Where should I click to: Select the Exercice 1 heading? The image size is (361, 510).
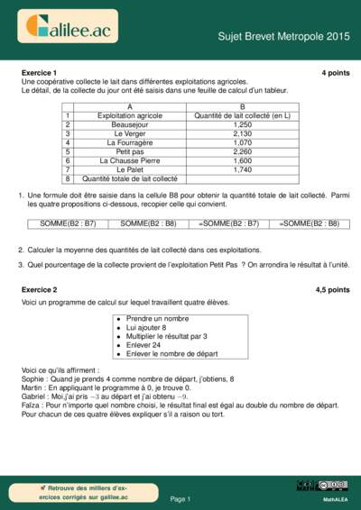click(x=39, y=72)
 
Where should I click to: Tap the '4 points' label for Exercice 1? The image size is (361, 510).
click(x=335, y=72)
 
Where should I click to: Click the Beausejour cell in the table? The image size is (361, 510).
click(x=130, y=124)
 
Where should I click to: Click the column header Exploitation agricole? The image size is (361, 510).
click(x=130, y=115)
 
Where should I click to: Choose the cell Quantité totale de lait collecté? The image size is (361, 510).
click(x=130, y=178)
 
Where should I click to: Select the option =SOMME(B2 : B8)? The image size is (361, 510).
click(x=309, y=223)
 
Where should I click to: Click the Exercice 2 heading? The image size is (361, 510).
click(x=39, y=290)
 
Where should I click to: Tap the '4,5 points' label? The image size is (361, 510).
click(x=332, y=290)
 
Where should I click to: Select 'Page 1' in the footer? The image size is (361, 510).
click(x=180, y=498)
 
